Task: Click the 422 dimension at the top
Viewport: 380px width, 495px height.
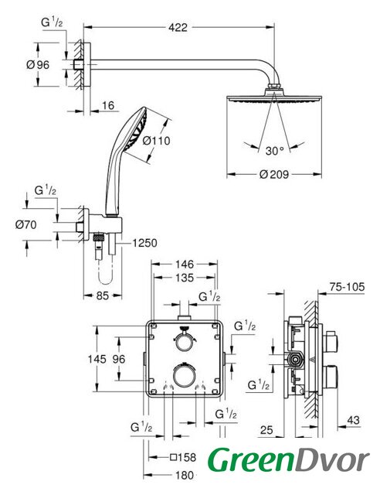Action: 178,28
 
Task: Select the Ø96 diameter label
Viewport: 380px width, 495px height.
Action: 38,65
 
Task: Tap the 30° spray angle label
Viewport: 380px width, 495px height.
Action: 274,151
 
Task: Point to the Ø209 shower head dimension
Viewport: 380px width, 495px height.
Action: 274,174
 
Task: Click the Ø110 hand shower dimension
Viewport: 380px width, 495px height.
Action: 156,141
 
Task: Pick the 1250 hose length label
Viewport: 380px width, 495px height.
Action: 144,243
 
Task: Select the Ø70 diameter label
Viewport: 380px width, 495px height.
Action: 25,225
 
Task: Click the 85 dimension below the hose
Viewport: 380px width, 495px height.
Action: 103,295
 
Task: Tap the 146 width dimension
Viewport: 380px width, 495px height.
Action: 185,264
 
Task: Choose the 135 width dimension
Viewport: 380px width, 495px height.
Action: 185,278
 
